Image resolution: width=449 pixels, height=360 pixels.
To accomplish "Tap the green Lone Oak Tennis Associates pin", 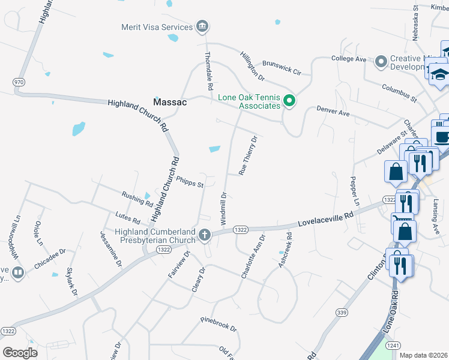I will tap(289, 101).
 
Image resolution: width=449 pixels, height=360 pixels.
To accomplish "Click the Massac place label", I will tap(170, 102).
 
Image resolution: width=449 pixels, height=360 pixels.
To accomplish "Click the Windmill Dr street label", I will tap(223, 208).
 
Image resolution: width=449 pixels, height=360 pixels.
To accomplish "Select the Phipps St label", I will tap(191, 181).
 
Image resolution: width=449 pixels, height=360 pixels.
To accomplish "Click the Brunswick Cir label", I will tap(282, 67).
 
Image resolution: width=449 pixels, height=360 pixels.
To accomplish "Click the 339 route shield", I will tap(342, 312).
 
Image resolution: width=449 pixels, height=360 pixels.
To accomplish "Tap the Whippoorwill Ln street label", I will tap(10, 239).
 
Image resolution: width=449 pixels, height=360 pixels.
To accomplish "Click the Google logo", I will tap(20, 353).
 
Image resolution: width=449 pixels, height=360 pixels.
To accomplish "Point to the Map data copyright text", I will tap(424, 355).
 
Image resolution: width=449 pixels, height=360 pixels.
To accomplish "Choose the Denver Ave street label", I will tap(333, 112).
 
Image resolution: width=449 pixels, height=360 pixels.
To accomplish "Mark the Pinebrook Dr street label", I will tap(219, 325).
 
